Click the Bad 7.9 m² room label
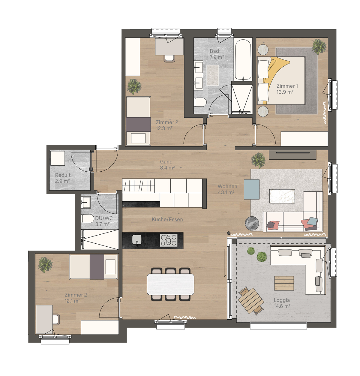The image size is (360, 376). coord(217,54)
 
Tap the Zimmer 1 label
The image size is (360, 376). coord(287,86)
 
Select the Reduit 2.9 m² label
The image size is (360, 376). coord(63,178)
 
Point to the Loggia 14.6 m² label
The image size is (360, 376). coord(282,303)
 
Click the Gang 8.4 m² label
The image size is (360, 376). coord(167,165)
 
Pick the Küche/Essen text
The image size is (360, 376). coord(167,219)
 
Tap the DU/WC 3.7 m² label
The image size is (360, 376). coord(104,221)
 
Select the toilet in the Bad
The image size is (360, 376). coord(200,102)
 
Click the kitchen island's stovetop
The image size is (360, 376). coord(169,240)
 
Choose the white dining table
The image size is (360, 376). coord(170,284)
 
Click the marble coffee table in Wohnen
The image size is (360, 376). coord(282,196)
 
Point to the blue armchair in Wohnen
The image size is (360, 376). coord(252,189)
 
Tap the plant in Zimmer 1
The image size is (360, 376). coord(319,47)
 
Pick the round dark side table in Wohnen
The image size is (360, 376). coord(252,223)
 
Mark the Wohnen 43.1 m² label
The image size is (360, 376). coord(227,189)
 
